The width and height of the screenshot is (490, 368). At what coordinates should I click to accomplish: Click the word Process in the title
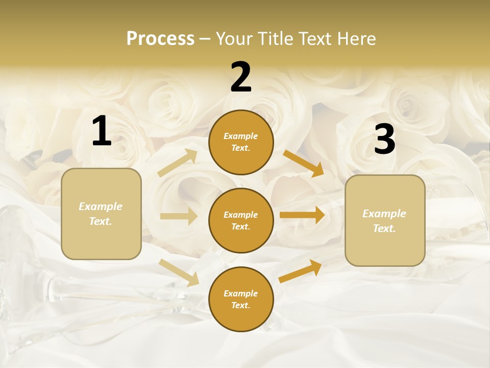pyautogui.click(x=160, y=39)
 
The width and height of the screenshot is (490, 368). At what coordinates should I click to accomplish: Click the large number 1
pyautogui.click(x=102, y=131)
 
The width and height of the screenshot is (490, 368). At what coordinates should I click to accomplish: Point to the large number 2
pyautogui.click(x=241, y=77)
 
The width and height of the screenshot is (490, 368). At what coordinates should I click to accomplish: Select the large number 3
pyautogui.click(x=384, y=140)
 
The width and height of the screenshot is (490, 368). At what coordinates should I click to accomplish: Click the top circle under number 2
pyautogui.click(x=241, y=142)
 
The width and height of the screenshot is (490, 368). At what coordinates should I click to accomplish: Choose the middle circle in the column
pyautogui.click(x=241, y=220)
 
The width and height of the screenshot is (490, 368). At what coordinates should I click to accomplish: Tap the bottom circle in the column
pyautogui.click(x=241, y=299)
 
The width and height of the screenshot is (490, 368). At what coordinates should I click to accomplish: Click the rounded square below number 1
pyautogui.click(x=101, y=214)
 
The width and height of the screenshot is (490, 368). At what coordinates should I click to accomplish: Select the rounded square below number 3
pyautogui.click(x=385, y=220)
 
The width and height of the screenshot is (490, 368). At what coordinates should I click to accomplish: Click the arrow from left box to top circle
pyautogui.click(x=178, y=163)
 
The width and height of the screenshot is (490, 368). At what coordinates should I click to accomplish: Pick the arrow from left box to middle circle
pyautogui.click(x=179, y=216)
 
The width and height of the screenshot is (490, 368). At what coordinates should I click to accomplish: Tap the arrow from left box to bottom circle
pyautogui.click(x=179, y=272)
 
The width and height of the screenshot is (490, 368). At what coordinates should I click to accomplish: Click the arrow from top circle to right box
pyautogui.click(x=303, y=163)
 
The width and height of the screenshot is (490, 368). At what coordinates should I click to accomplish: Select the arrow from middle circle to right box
pyautogui.click(x=302, y=215)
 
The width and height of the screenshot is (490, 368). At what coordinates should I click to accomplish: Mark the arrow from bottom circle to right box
pyautogui.click(x=301, y=271)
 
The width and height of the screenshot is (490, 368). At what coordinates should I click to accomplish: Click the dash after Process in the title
pyautogui.click(x=205, y=39)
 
